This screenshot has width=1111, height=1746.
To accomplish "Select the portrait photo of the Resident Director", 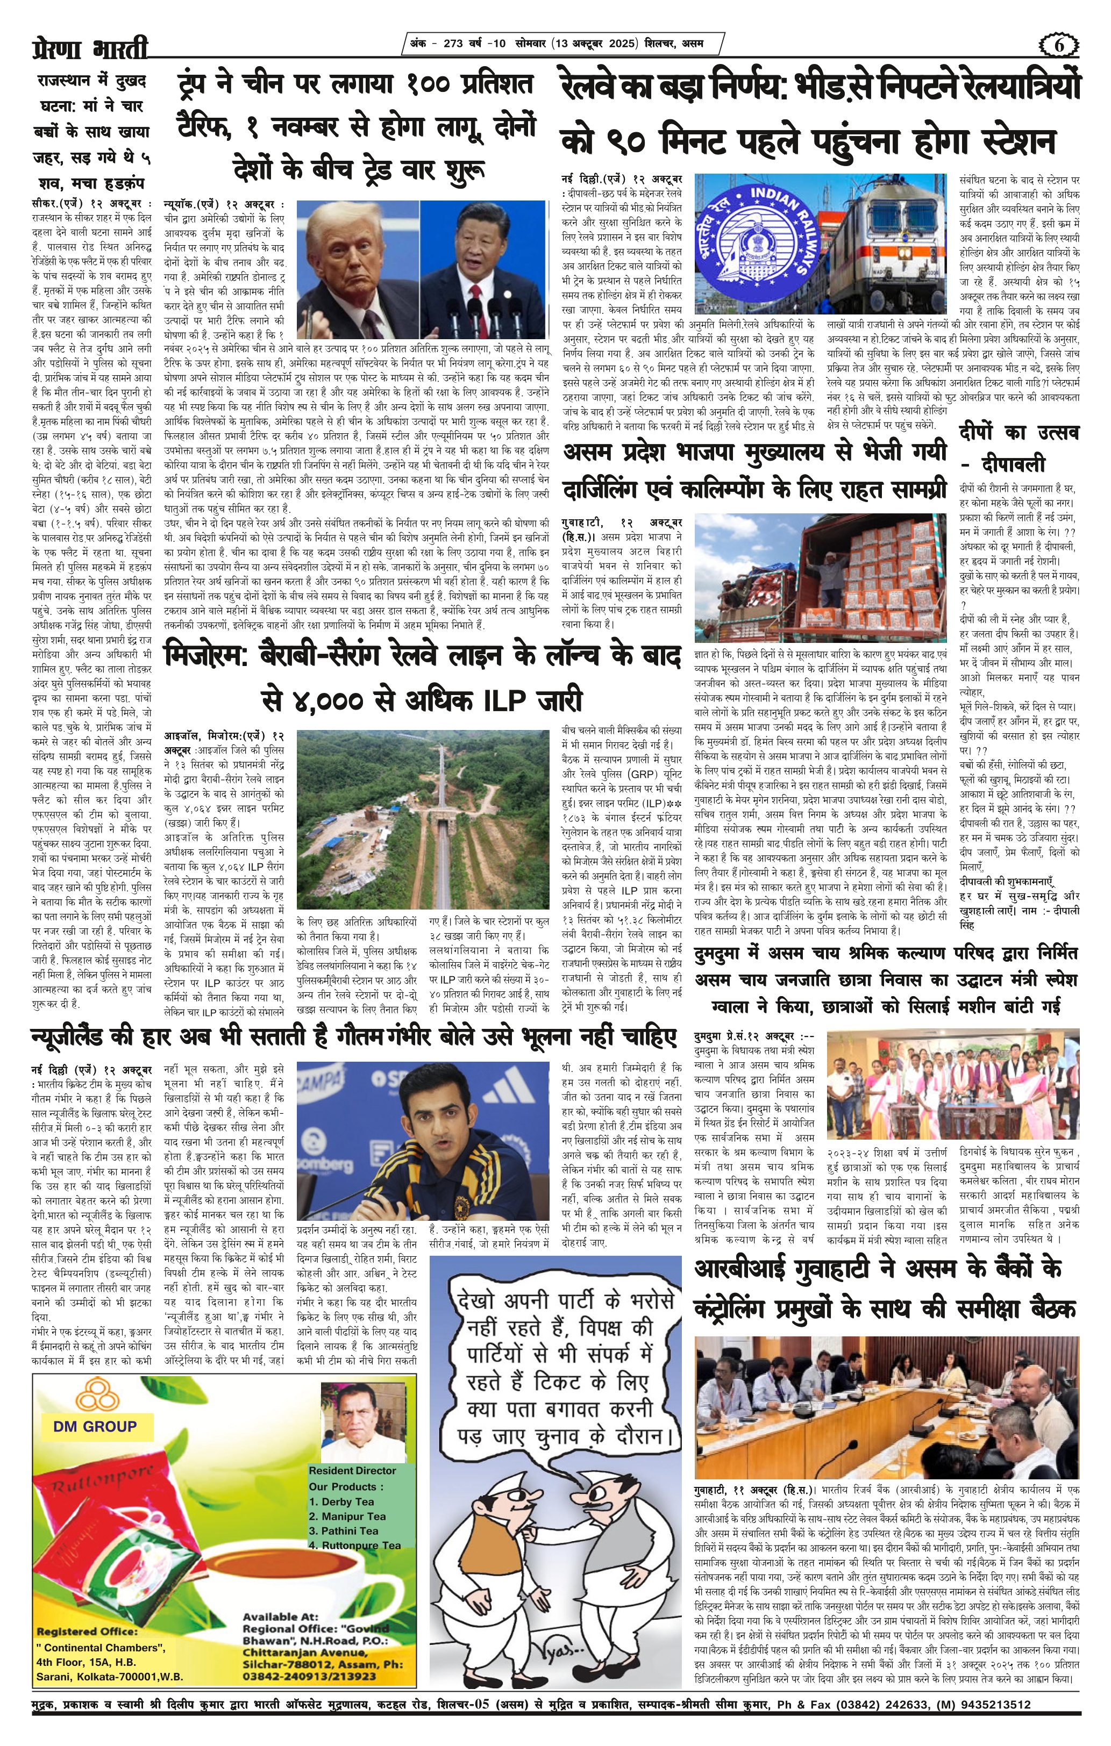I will (362, 1422).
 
